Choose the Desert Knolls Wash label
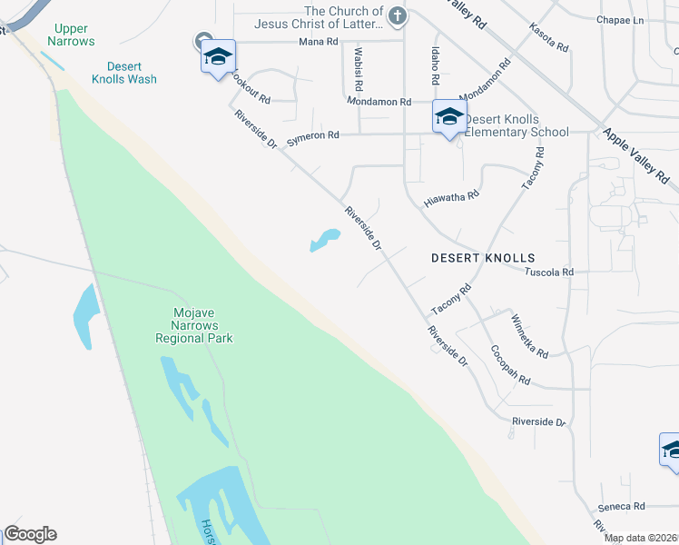132,73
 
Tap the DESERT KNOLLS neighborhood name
482,258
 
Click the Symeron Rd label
312,135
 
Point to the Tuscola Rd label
550,272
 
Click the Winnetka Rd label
528,335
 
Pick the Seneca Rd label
621,506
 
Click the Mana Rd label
319,42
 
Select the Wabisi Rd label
359,69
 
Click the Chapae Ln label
620,19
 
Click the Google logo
30,534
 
